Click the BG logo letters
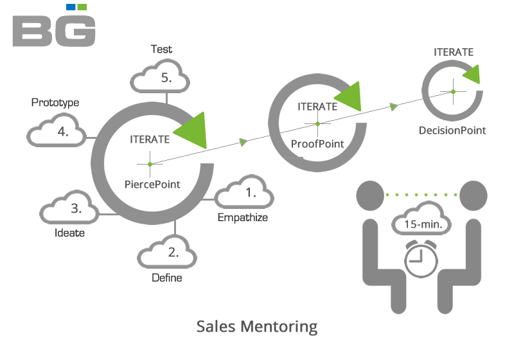(x=54, y=31)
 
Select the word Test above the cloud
(x=161, y=49)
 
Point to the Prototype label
(x=55, y=102)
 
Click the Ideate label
(x=70, y=233)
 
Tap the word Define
(x=167, y=278)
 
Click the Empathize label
(x=243, y=217)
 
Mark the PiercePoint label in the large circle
(x=152, y=184)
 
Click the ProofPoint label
(x=317, y=143)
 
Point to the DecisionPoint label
(x=452, y=130)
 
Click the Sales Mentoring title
(x=257, y=327)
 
